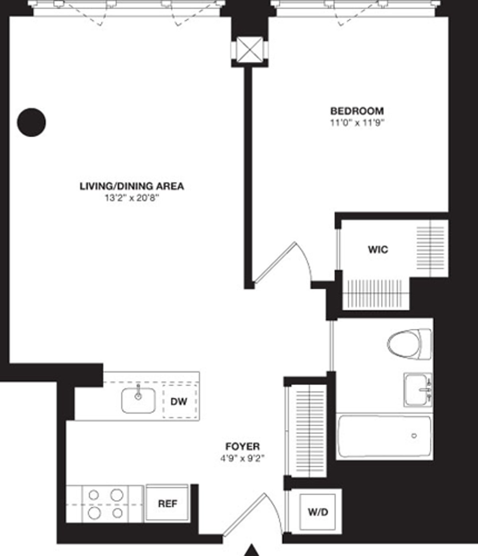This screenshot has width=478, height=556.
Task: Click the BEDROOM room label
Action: [357, 110]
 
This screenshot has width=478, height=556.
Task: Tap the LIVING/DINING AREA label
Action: [132, 186]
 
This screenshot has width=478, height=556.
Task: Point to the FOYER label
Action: [243, 447]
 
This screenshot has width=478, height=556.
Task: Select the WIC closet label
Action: [378, 250]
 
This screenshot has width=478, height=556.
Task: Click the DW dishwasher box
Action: [179, 402]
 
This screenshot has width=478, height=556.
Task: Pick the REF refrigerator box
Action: [167, 503]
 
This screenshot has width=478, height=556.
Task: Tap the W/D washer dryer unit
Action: [318, 512]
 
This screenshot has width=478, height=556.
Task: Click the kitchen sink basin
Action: [138, 401]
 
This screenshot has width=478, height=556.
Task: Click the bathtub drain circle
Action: [414, 436]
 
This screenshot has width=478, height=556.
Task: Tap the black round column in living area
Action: [31, 122]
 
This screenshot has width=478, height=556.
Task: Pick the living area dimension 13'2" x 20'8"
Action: [132, 198]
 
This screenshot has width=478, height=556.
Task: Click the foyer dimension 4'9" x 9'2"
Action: [243, 458]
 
